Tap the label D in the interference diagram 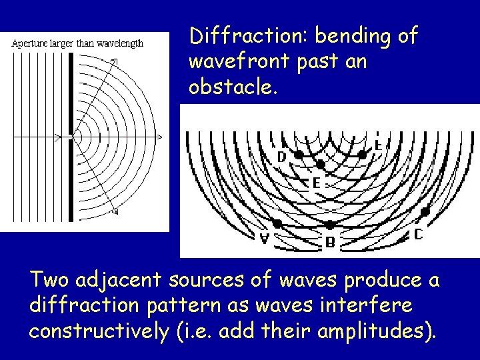[x=282, y=157]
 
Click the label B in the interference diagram [x=330, y=243]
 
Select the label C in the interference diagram [x=418, y=234]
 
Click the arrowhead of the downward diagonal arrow [x=115, y=213]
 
